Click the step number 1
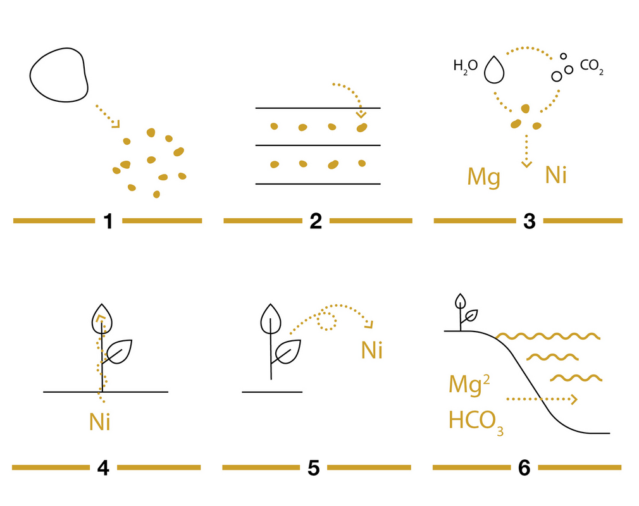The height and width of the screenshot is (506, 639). pyautogui.click(x=108, y=221)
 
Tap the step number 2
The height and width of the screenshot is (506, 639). pyautogui.click(x=316, y=221)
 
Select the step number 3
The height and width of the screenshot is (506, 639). pyautogui.click(x=530, y=221)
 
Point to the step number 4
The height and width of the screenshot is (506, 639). pyautogui.click(x=104, y=468)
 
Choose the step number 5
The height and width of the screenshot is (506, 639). pyautogui.click(x=313, y=468)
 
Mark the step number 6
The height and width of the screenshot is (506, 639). pyautogui.click(x=524, y=467)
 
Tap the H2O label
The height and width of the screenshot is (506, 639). pyautogui.click(x=466, y=66)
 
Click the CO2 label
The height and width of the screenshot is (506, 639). pyautogui.click(x=592, y=66)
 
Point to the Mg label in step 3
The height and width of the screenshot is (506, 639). pyautogui.click(x=484, y=177)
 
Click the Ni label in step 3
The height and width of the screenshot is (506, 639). pyautogui.click(x=556, y=175)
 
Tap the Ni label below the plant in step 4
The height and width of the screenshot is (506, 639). pyautogui.click(x=100, y=422)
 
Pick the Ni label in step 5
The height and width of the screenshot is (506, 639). pyautogui.click(x=372, y=350)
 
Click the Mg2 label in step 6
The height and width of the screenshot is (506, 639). pyautogui.click(x=469, y=384)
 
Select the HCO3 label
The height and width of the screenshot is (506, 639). pyautogui.click(x=476, y=421)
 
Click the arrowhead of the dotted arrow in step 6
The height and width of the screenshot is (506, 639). pyautogui.click(x=574, y=399)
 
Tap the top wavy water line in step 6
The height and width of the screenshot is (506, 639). pyautogui.click(x=548, y=336)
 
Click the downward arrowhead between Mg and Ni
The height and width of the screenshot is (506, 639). pyautogui.click(x=526, y=164)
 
